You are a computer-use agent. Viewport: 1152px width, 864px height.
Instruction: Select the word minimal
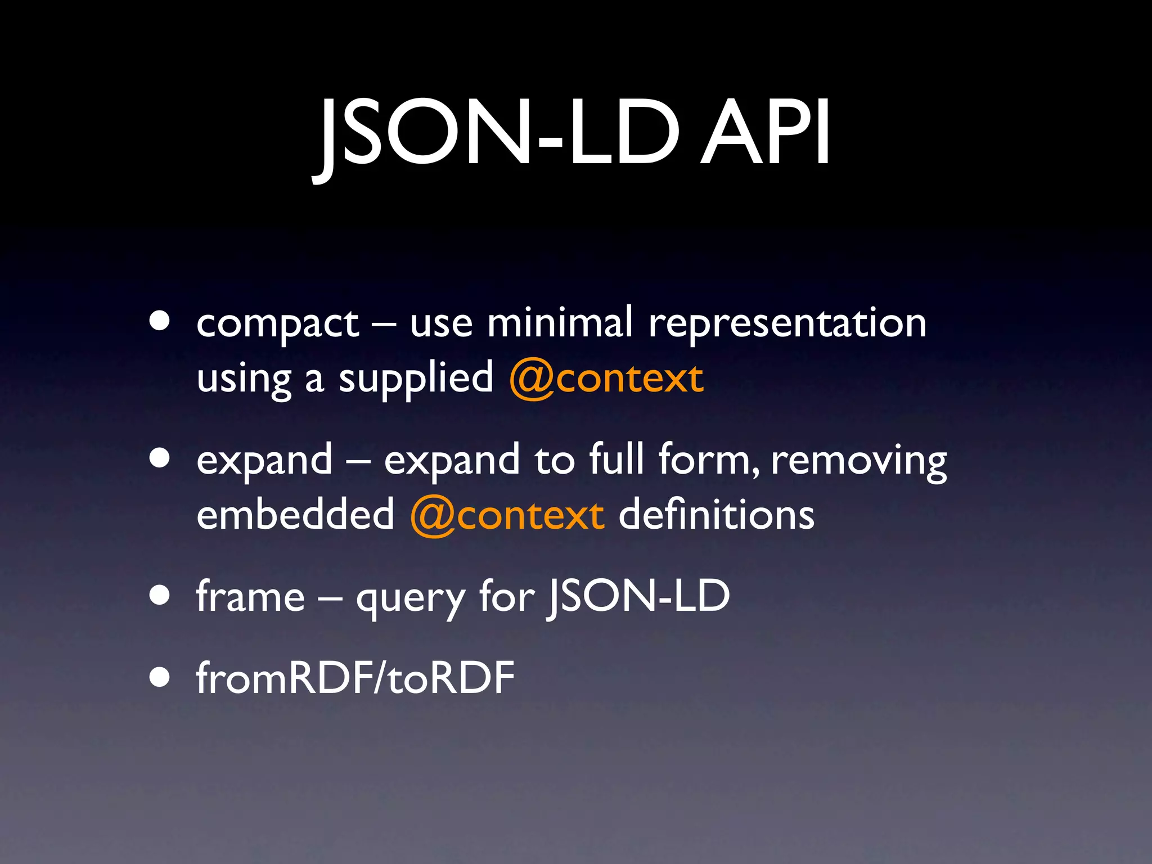coord(560,323)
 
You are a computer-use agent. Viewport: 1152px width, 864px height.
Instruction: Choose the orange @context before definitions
coord(507,515)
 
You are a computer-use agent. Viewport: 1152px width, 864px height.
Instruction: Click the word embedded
coord(295,514)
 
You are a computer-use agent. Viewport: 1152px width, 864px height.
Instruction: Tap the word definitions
coord(716,514)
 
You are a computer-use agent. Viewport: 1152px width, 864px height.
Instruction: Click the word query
coord(411,598)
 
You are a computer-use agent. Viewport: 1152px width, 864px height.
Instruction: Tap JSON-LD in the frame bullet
coord(638,596)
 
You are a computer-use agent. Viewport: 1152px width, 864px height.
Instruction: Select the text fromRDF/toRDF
coord(355,678)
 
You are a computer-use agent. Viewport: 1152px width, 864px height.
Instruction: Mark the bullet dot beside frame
coord(160,596)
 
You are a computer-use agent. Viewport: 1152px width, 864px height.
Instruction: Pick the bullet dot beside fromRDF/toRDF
coord(160,678)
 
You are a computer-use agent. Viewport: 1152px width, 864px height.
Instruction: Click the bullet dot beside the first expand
coord(160,458)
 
